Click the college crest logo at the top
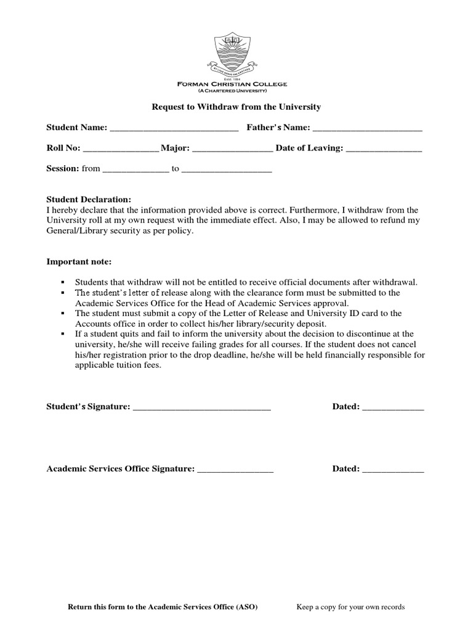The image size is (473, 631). (x=236, y=55)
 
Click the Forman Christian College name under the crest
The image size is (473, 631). (x=236, y=84)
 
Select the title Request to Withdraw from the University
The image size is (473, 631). (x=236, y=107)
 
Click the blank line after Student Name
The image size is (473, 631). (x=174, y=129)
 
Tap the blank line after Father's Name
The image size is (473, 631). (x=367, y=129)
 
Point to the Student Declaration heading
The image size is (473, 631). (x=89, y=200)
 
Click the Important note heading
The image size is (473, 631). (x=79, y=262)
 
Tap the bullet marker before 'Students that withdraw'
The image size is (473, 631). (x=63, y=282)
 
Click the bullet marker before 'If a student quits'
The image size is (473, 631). (x=63, y=334)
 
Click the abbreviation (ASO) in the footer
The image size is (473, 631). (x=246, y=607)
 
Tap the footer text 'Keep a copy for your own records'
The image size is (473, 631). (x=350, y=607)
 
